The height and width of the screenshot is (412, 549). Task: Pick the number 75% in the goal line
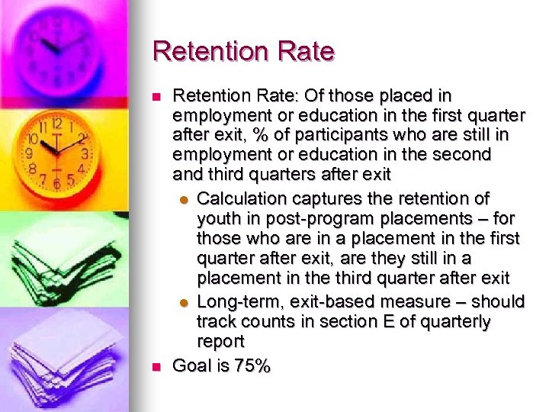tap(252, 366)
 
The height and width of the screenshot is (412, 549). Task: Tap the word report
tap(220, 342)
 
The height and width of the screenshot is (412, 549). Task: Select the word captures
tap(329, 199)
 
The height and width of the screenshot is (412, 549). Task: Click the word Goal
tap(191, 366)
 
